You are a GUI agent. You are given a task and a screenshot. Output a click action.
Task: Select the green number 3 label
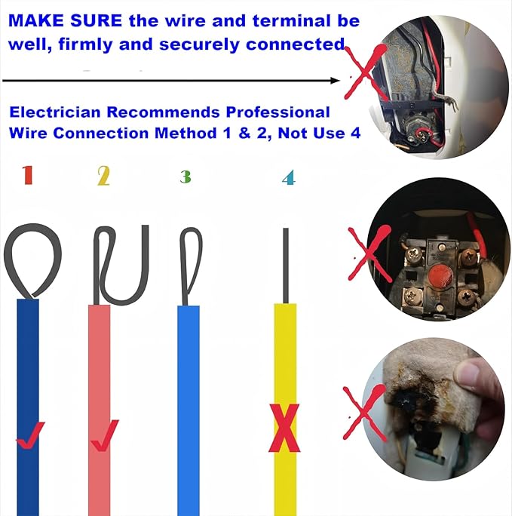(185, 177)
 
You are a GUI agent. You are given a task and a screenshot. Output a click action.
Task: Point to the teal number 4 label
(287, 179)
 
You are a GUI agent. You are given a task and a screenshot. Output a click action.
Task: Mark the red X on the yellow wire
(284, 428)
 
